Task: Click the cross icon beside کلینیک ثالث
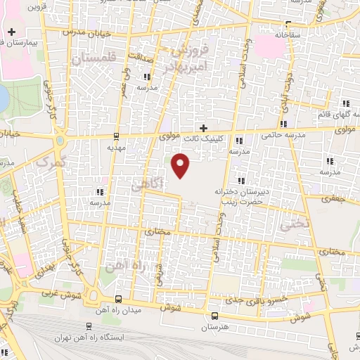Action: coord(203,127)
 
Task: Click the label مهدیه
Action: coord(115,148)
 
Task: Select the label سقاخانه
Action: coord(289,34)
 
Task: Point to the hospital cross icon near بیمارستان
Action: coord(12,32)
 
